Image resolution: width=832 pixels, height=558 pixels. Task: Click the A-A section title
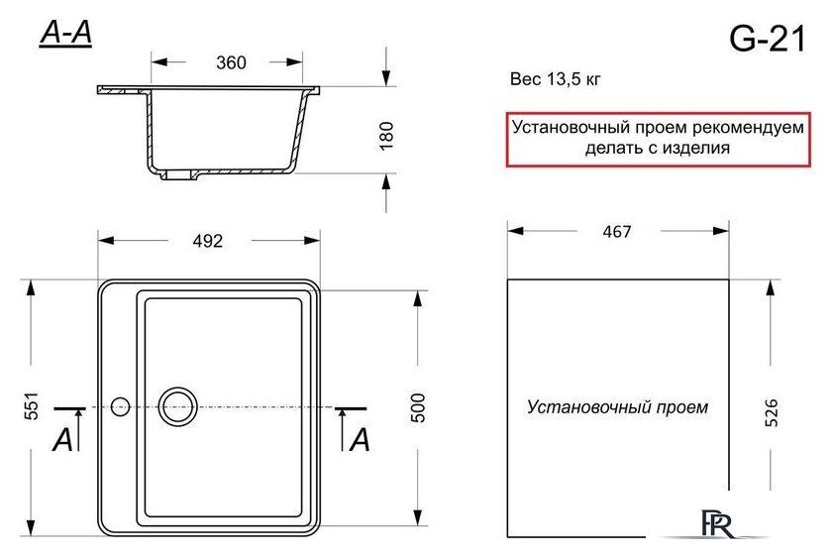tap(65, 34)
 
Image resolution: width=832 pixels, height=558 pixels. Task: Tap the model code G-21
tap(768, 39)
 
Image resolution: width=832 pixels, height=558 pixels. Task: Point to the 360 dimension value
tap(231, 62)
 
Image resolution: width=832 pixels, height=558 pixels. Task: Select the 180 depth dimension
tap(387, 136)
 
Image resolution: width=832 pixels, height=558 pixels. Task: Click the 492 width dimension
tap(207, 241)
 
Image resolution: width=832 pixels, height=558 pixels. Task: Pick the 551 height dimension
tap(32, 406)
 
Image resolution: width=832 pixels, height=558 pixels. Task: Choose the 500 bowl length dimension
tap(418, 407)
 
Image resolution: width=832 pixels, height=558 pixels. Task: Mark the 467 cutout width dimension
tap(617, 232)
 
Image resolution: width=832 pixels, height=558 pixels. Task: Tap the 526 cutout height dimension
tap(771, 412)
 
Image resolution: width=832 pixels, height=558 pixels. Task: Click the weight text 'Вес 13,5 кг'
tap(555, 79)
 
